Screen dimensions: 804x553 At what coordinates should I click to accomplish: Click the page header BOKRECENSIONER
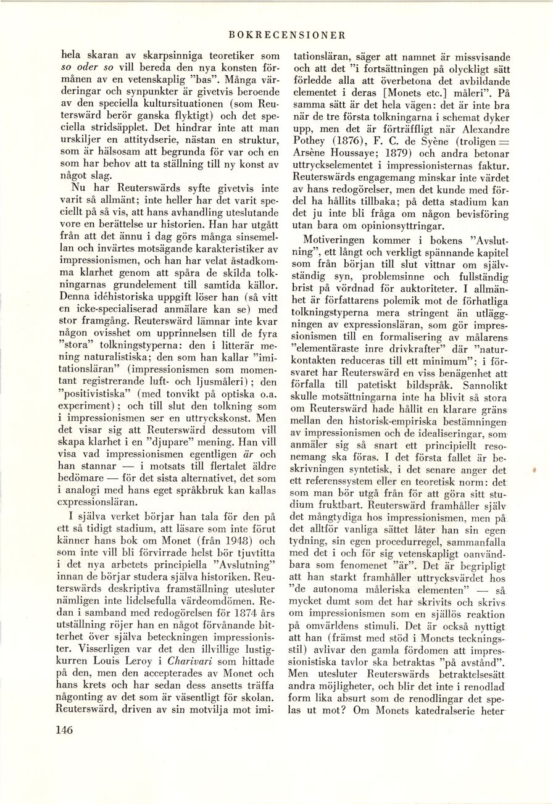286,35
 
